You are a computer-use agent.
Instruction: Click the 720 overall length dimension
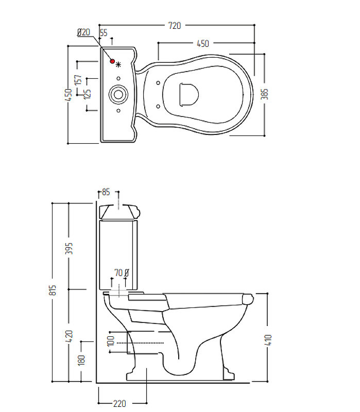click(x=175, y=25)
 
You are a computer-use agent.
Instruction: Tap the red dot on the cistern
click(x=112, y=61)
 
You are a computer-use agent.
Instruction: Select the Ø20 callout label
click(x=83, y=32)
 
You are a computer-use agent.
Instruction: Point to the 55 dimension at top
click(x=104, y=32)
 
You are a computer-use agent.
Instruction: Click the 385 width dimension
click(x=264, y=94)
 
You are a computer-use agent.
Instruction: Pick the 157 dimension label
click(x=78, y=80)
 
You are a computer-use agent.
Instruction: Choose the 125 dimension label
click(x=87, y=94)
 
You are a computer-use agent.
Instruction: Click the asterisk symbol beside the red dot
click(x=118, y=64)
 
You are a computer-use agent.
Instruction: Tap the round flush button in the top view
click(x=118, y=94)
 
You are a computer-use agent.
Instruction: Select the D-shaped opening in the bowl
click(x=189, y=95)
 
